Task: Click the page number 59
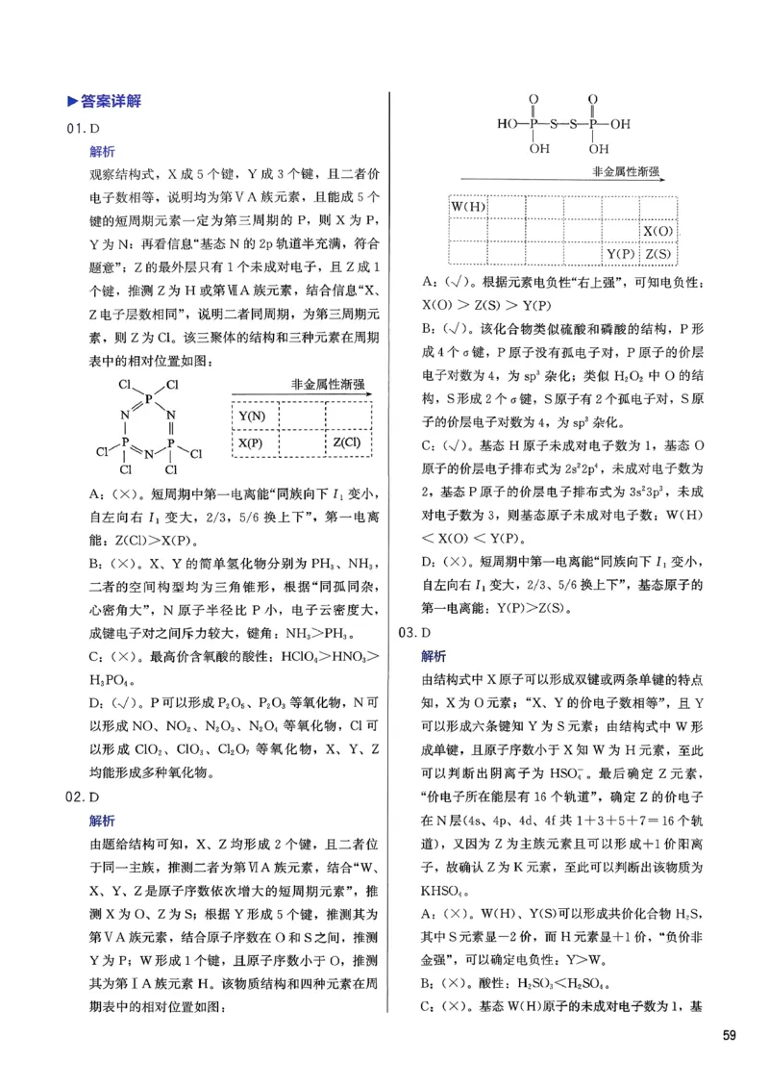730,1035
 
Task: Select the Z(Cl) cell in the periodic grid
348,442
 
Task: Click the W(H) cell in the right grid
468,208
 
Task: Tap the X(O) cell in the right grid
658,231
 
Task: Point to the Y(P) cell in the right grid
620,254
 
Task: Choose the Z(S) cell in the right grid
658,254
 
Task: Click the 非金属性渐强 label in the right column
625,170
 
